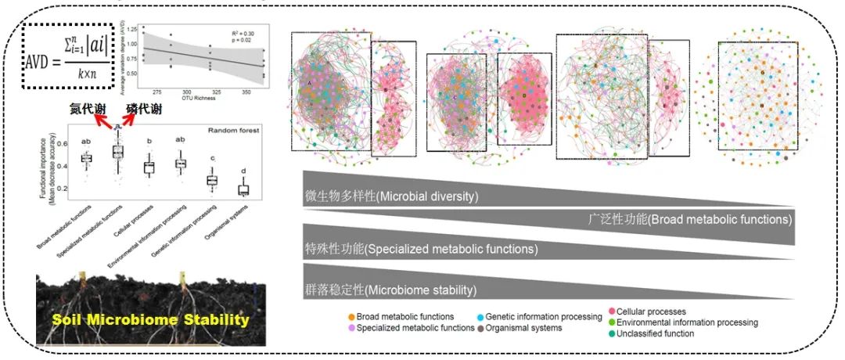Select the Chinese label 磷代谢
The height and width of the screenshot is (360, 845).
(146, 111)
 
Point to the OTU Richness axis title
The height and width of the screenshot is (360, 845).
(212, 99)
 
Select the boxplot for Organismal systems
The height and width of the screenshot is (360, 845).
(243, 189)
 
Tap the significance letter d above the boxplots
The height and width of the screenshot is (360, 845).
(243, 171)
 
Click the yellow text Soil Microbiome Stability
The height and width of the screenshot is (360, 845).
(151, 319)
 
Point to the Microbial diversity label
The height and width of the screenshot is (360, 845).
(390, 196)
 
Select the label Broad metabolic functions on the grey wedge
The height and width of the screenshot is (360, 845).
(689, 220)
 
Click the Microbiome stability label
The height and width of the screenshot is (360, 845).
(390, 290)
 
